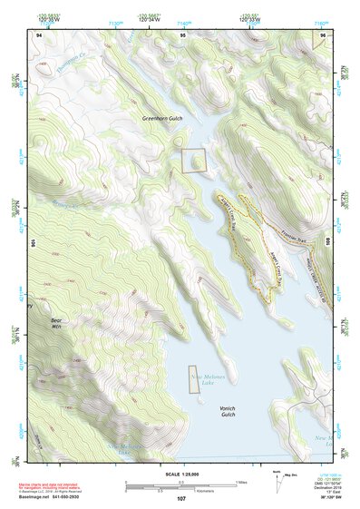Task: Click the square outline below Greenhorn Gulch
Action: click(194, 160)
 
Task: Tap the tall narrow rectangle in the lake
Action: click(192, 380)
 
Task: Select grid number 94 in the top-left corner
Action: click(38, 34)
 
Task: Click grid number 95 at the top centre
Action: click(183, 34)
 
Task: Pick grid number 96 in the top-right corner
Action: click(325, 34)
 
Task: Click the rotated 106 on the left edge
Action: click(35, 243)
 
